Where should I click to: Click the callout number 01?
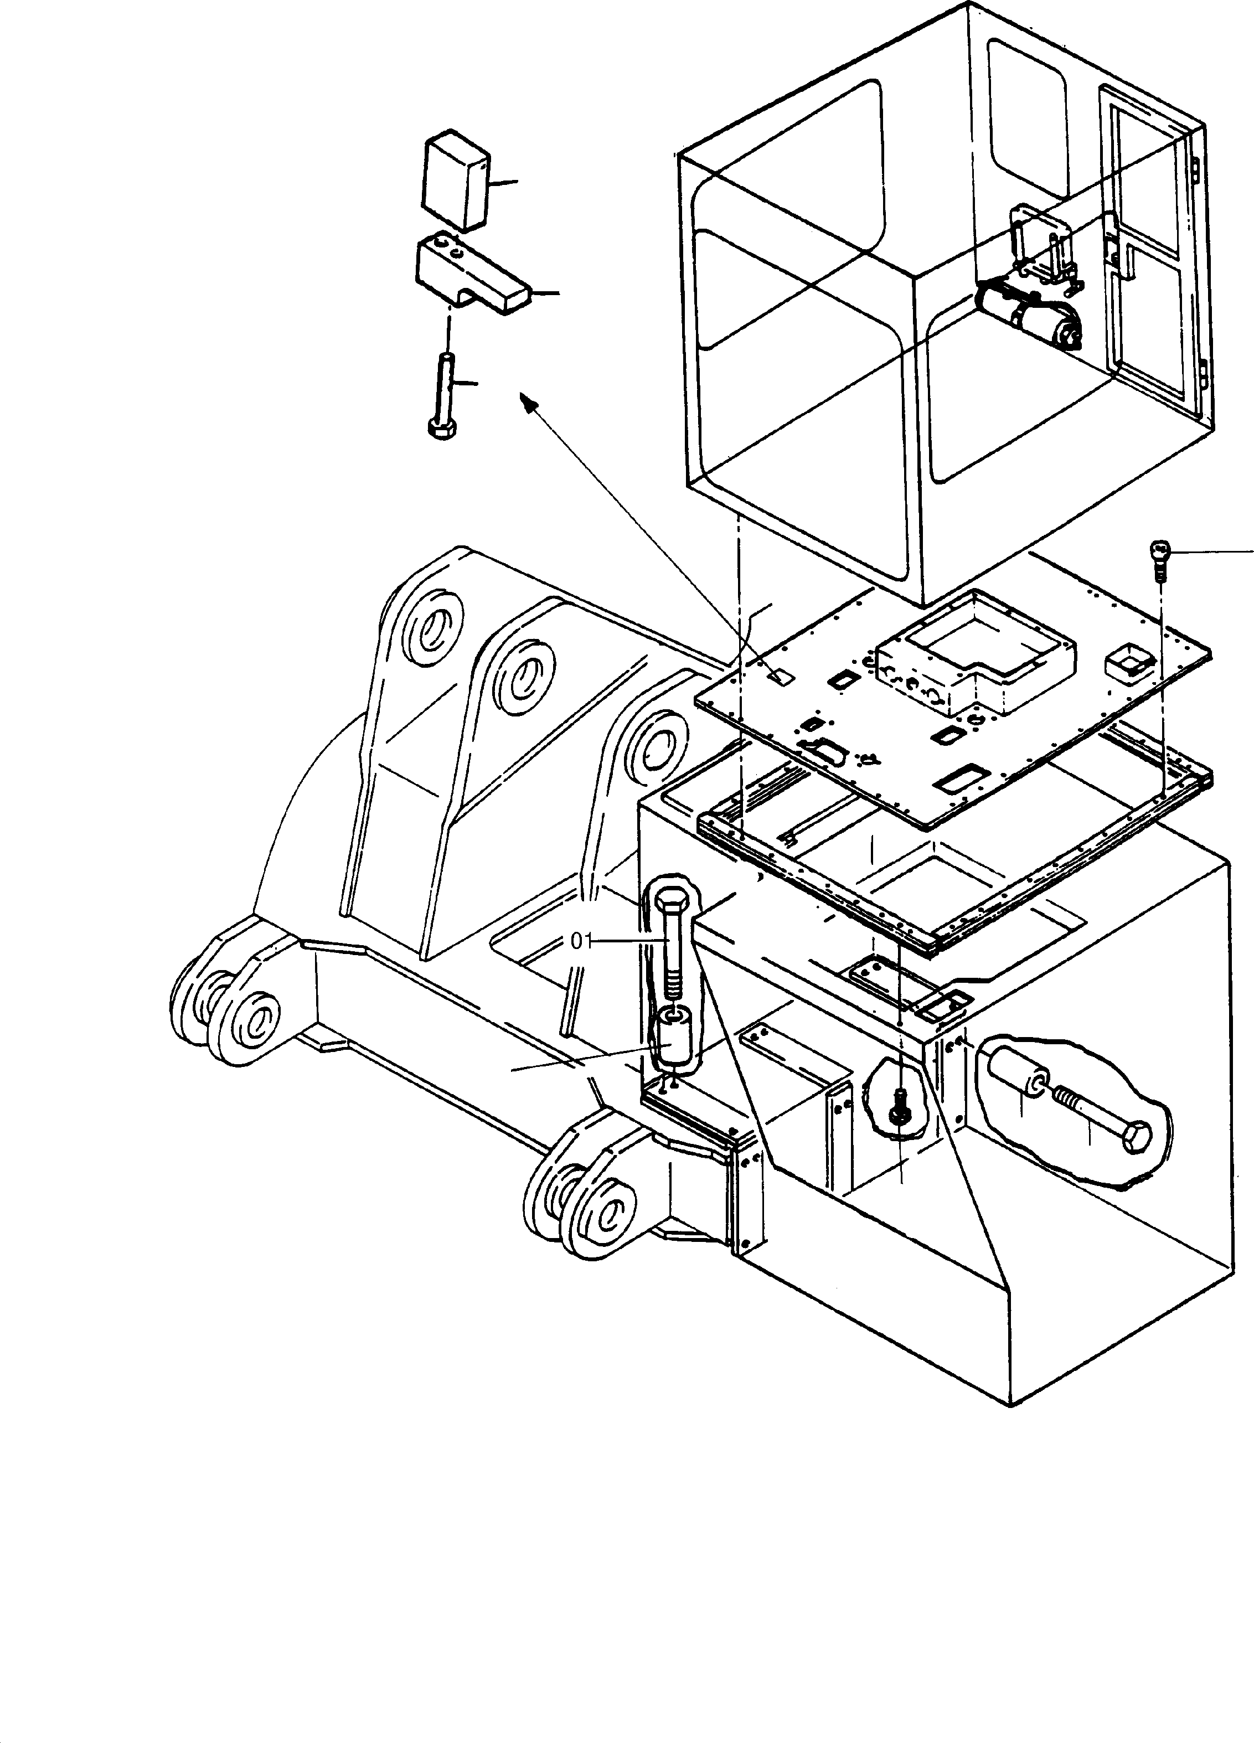582,941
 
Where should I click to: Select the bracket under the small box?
469,277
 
